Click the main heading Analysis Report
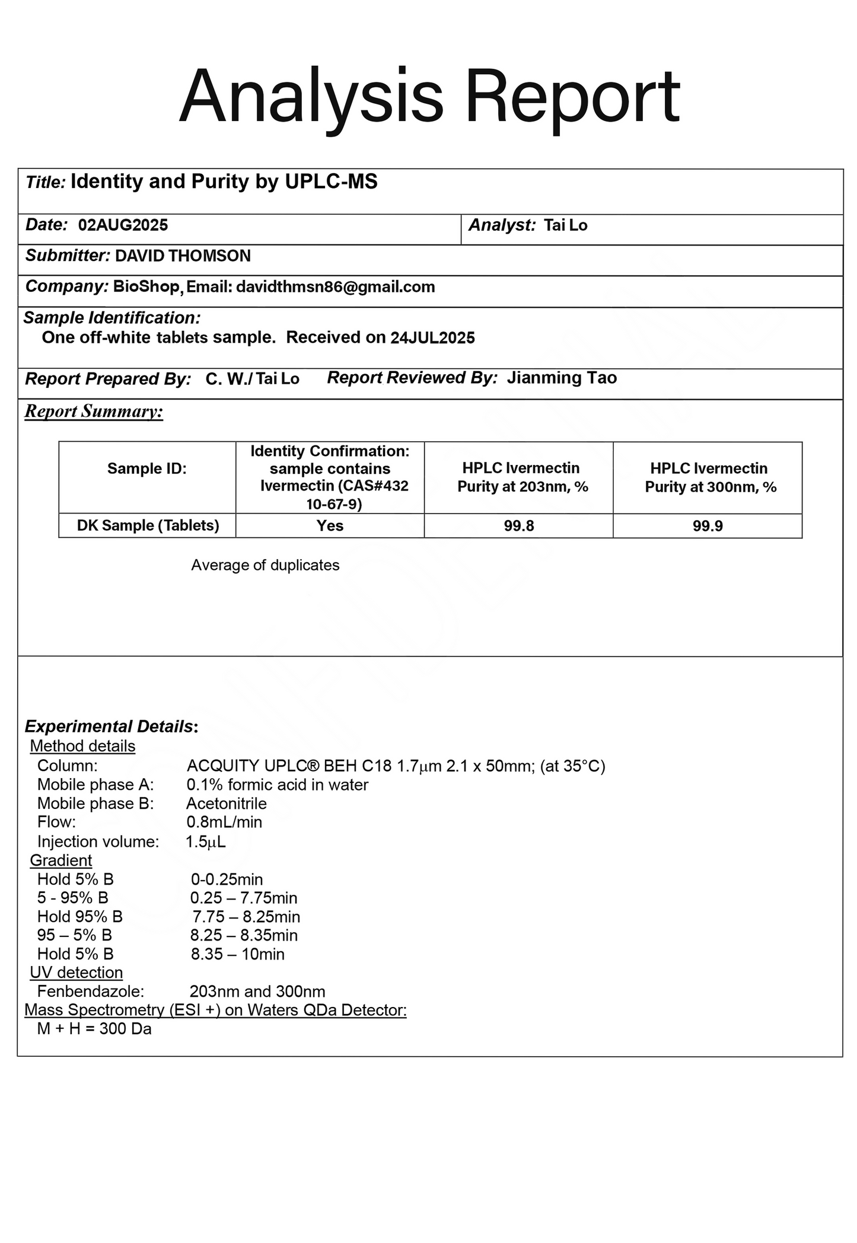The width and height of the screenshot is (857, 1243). [429, 97]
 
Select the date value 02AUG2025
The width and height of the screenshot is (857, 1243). [123, 225]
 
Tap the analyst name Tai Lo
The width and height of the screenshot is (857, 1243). [565, 225]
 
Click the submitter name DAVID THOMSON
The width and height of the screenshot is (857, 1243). [183, 256]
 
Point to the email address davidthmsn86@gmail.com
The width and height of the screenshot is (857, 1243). [335, 287]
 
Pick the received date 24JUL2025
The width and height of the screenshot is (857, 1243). [432, 338]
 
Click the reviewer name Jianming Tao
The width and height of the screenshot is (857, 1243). [561, 378]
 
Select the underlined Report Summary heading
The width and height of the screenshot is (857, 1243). [94, 411]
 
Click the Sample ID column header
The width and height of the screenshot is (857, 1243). [146, 469]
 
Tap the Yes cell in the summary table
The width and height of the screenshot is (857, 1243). [330, 526]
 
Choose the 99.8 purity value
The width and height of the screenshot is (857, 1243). [518, 526]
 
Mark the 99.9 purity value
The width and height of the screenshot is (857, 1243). [707, 526]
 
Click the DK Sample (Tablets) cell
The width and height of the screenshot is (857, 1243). [148, 526]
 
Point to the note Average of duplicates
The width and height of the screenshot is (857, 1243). [265, 565]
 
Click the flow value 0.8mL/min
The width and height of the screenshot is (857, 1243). [224, 822]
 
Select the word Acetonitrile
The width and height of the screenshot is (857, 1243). [227, 804]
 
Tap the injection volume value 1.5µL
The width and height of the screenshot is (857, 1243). [205, 842]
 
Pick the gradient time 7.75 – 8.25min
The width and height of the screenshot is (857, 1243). [246, 917]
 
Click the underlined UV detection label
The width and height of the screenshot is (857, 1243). [77, 973]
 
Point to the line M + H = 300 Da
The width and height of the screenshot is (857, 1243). [94, 1029]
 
